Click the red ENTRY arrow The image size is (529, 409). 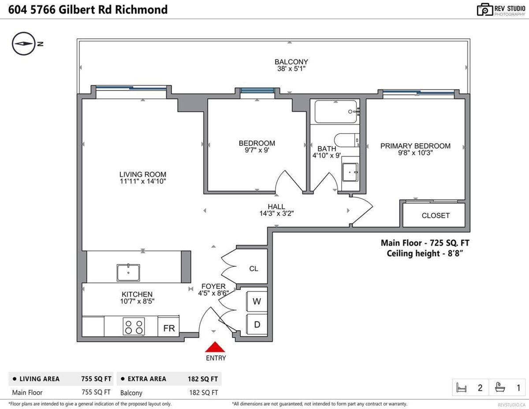coord(214,347)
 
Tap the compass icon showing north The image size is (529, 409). coord(23,44)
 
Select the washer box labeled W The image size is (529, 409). coord(256,302)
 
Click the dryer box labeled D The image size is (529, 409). coord(256,325)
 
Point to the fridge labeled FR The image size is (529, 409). coord(168,328)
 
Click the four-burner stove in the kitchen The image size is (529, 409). coord(134,326)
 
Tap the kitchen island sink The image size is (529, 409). coord(128,273)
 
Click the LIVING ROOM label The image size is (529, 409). coord(142,174)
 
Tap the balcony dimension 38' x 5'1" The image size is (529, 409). coord(291,69)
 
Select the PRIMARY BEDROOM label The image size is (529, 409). coord(415,146)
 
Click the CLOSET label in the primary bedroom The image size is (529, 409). coord(435,216)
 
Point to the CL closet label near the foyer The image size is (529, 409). coord(253,269)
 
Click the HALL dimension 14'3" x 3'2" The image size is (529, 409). coord(276,214)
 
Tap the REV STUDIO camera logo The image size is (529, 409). coord(485,9)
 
